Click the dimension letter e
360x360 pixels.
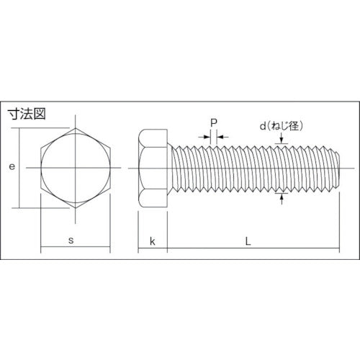[x=12, y=167]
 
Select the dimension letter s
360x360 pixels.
[x=71, y=240]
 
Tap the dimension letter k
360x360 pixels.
[x=152, y=240]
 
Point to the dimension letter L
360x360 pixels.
[x=248, y=240]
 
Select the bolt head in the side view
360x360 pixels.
[x=152, y=168]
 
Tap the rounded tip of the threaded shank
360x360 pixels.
[x=336, y=168]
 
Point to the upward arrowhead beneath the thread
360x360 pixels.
[x=280, y=197]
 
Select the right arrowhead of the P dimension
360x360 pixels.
[x=220, y=135]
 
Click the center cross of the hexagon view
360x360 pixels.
[x=76, y=168]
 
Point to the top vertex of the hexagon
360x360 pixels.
[x=76, y=127]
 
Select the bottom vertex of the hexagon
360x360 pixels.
[x=76, y=209]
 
